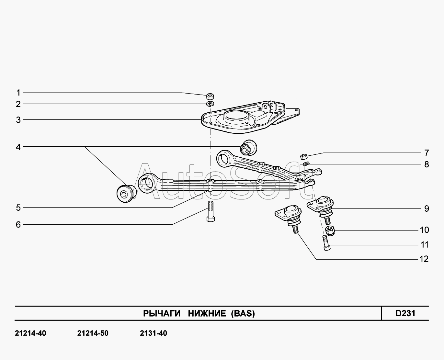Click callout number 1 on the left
click(18, 93)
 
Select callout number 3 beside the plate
click(18, 120)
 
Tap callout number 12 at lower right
click(424, 259)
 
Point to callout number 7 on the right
click(427, 153)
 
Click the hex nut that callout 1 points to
click(210, 96)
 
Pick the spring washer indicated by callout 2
click(210, 104)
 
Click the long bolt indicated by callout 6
click(211, 211)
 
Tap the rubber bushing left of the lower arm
click(126, 193)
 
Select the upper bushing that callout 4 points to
click(248, 148)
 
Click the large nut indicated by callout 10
click(330, 231)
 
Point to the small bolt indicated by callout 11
click(326, 243)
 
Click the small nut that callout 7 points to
click(304, 156)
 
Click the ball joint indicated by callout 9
click(321, 209)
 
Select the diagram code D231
click(405, 313)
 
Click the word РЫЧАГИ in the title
click(162, 313)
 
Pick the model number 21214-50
click(93, 333)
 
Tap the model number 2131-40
click(154, 333)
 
